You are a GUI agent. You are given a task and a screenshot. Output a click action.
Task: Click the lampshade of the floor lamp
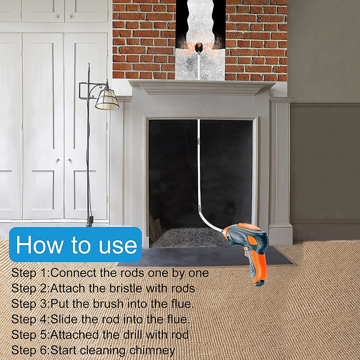pos(107,99)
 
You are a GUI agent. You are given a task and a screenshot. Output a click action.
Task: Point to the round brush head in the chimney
pos(199,47)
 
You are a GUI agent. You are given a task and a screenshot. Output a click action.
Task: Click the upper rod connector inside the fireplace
pos(199,140)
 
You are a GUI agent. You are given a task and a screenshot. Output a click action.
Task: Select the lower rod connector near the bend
pos(199,208)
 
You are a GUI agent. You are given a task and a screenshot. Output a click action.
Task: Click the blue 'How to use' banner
pos(76,244)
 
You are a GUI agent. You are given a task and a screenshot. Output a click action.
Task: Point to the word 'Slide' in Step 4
pos(64,319)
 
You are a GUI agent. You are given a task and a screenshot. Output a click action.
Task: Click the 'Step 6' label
pos(30,350)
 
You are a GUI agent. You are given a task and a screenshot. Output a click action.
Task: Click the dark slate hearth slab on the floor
pos(204,256)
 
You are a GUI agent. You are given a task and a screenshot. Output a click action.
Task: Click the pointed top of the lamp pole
pos(89,65)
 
